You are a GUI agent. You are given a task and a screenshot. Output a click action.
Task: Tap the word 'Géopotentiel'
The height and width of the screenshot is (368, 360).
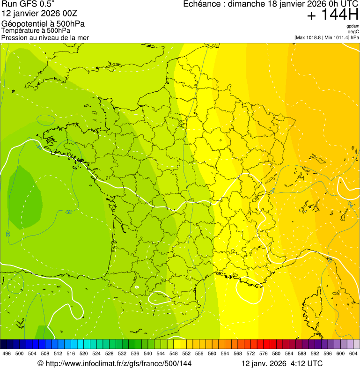click(x=23, y=24)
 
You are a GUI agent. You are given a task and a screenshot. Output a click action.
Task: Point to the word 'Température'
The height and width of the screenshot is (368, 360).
click(x=21, y=31)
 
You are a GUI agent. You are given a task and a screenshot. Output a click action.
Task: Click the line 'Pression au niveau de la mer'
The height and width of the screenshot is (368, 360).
click(x=45, y=37)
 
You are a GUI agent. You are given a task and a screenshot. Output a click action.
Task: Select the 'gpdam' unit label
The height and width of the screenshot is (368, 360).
click(x=353, y=26)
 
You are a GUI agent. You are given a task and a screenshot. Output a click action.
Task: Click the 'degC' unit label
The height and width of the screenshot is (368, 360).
click(x=353, y=32)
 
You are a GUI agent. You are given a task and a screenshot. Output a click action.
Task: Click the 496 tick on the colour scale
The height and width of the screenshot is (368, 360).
click(x=7, y=354)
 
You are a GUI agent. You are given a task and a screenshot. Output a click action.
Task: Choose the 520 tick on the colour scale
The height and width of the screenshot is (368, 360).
click(x=83, y=354)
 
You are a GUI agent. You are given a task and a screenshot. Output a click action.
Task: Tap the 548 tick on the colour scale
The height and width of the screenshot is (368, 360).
click(x=173, y=354)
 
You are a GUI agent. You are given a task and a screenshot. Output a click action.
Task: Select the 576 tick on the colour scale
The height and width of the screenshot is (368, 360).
click(x=263, y=354)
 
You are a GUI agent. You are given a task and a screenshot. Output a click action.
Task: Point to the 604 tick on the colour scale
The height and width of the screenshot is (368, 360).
click(x=353, y=354)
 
